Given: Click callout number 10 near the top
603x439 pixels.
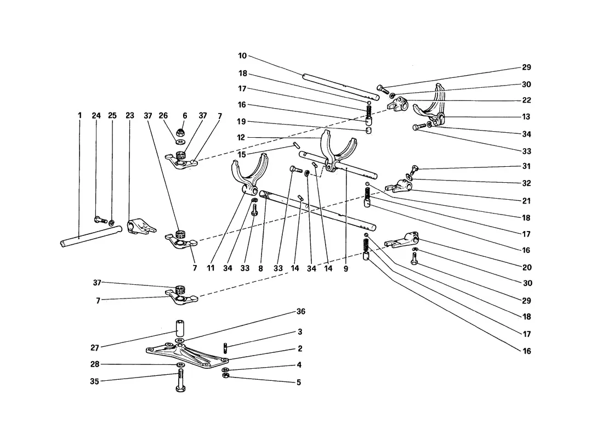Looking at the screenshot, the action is [x=242, y=56].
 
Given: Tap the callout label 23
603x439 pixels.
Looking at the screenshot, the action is [x=129, y=116].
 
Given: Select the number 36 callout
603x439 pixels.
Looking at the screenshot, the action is [x=301, y=311].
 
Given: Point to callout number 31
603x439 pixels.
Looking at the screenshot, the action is [x=526, y=166].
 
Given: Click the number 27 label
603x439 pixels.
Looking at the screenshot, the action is [x=95, y=348].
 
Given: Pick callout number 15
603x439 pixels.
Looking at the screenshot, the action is [x=242, y=154].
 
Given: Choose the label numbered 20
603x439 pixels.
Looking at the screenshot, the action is [x=527, y=267].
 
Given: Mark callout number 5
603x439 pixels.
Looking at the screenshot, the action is [x=299, y=382].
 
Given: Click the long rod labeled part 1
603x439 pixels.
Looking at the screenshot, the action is [x=91, y=235].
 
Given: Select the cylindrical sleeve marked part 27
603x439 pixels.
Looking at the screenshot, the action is [x=180, y=329].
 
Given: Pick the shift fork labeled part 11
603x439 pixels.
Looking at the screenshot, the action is [x=248, y=175].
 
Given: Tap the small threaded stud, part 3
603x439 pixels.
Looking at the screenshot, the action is [x=225, y=348].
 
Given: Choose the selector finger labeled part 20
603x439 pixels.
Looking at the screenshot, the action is [x=401, y=239].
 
